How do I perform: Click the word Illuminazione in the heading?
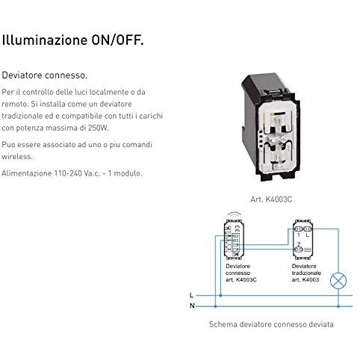point(45,40)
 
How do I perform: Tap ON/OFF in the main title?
point(117,40)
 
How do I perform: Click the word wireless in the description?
point(17,157)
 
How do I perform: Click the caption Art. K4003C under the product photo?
point(271,199)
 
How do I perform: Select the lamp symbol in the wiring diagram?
point(338,281)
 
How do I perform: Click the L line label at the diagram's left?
point(191,296)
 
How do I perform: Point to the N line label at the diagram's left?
point(192,305)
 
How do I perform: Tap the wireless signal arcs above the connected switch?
point(235,215)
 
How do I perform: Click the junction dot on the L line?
point(220,296)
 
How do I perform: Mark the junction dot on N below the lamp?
point(338,306)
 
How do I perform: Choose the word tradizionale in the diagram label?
point(306,273)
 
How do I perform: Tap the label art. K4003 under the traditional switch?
point(305,279)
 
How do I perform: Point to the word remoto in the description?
point(15,104)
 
